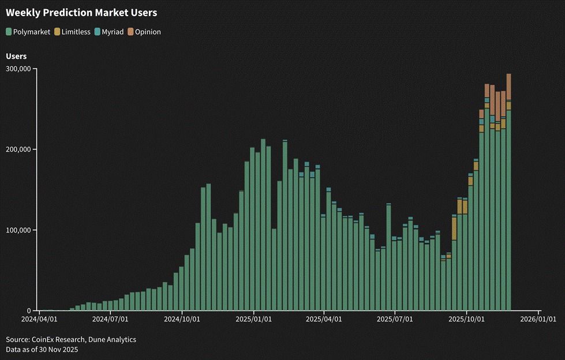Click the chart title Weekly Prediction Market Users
click(x=81, y=12)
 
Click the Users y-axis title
click(x=16, y=57)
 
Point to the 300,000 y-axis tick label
click(x=18, y=69)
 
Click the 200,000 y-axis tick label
click(x=18, y=149)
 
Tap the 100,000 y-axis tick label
click(x=18, y=230)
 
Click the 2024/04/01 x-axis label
click(x=39, y=318)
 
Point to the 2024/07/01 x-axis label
click(x=110, y=318)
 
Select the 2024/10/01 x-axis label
click(x=182, y=318)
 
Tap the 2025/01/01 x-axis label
click(x=253, y=318)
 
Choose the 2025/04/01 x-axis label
click(x=323, y=318)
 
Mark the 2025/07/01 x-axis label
click(x=394, y=318)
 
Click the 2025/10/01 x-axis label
click(x=466, y=318)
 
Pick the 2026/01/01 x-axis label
click(x=537, y=318)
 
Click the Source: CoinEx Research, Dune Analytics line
click(x=71, y=340)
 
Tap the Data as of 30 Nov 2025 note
click(x=42, y=350)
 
